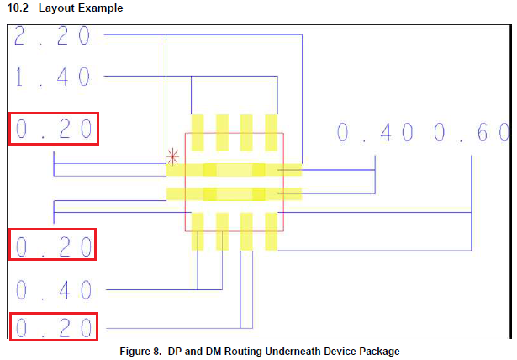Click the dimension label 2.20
pyautogui.click(x=52, y=36)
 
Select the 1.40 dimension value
pyautogui.click(x=52, y=77)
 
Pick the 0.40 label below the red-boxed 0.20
pyautogui.click(x=53, y=290)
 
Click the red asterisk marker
pyautogui.click(x=173, y=156)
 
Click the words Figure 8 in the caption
pyautogui.click(x=142, y=351)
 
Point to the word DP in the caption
pyautogui.click(x=177, y=351)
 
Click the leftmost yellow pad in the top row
pyautogui.click(x=198, y=132)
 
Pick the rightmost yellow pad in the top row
pyautogui.click(x=272, y=132)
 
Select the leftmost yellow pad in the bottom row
pyautogui.click(x=198, y=231)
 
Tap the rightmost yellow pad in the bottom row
pyautogui.click(x=272, y=231)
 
